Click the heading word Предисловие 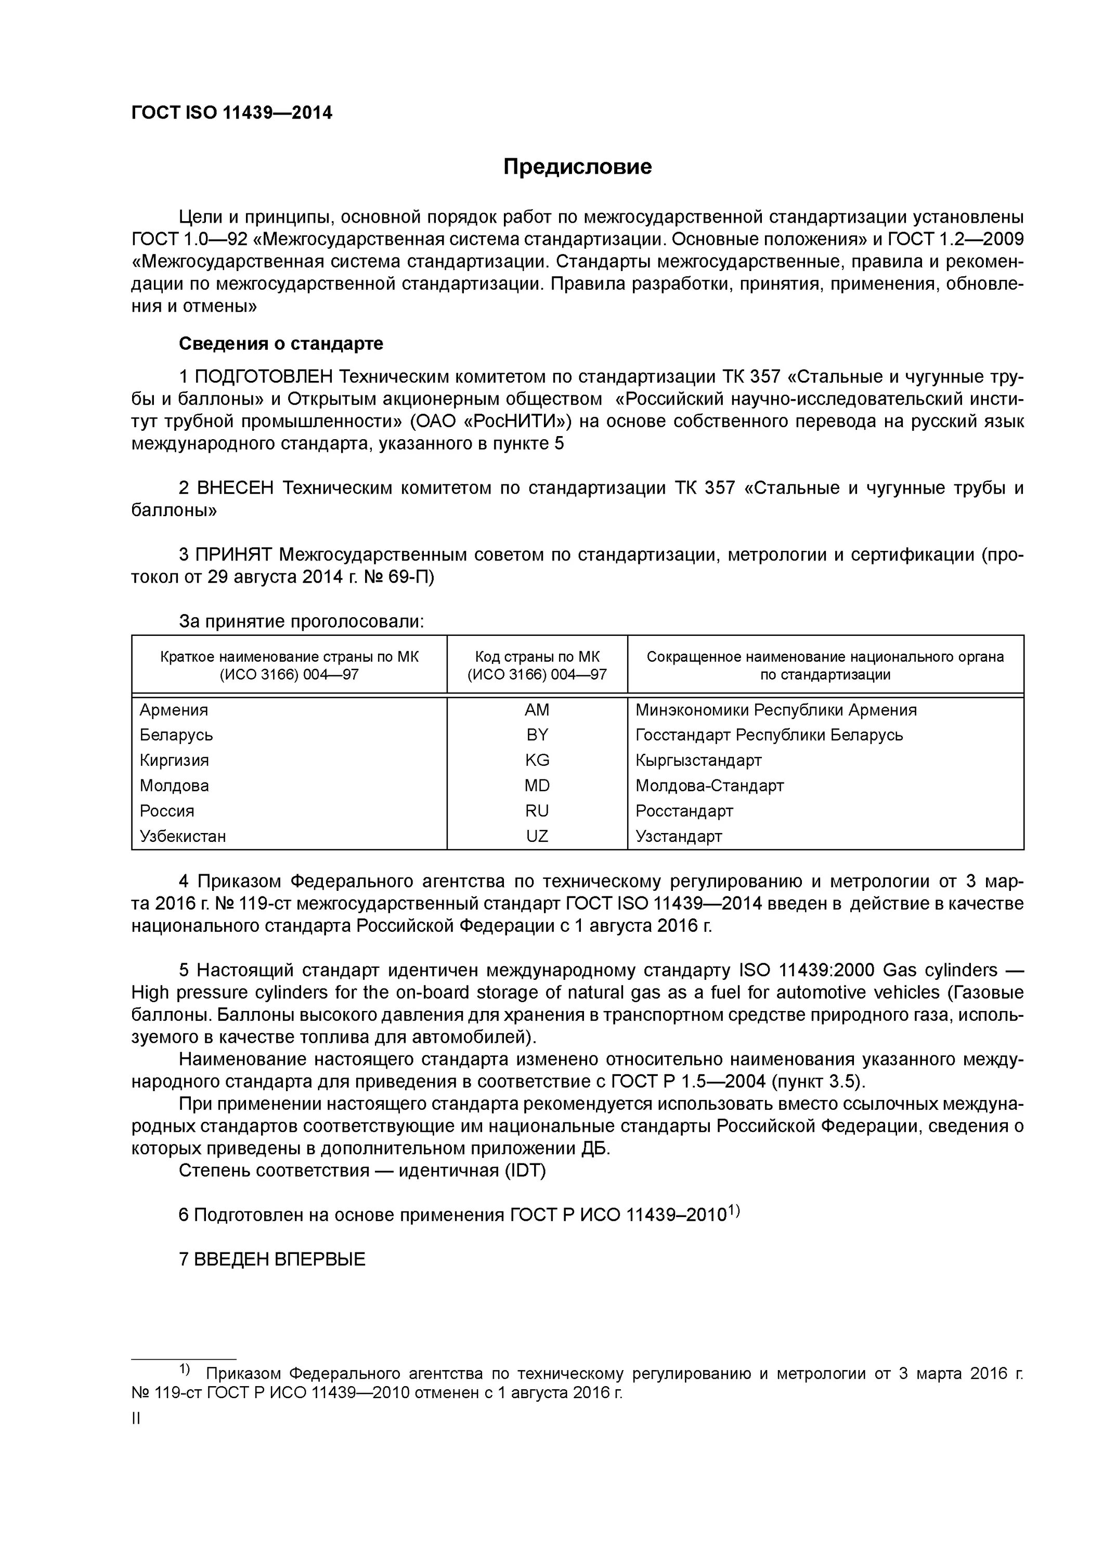[577, 167]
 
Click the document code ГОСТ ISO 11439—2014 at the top [232, 113]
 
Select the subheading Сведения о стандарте [281, 343]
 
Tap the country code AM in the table [536, 710]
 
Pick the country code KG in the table [536, 760]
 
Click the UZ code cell [536, 836]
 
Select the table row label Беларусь [176, 735]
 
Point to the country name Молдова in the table [174, 786]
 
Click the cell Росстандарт [684, 811]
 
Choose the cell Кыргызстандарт [698, 760]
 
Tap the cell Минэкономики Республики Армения [775, 710]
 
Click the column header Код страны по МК [536, 657]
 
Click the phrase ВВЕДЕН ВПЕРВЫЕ [272, 1259]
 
